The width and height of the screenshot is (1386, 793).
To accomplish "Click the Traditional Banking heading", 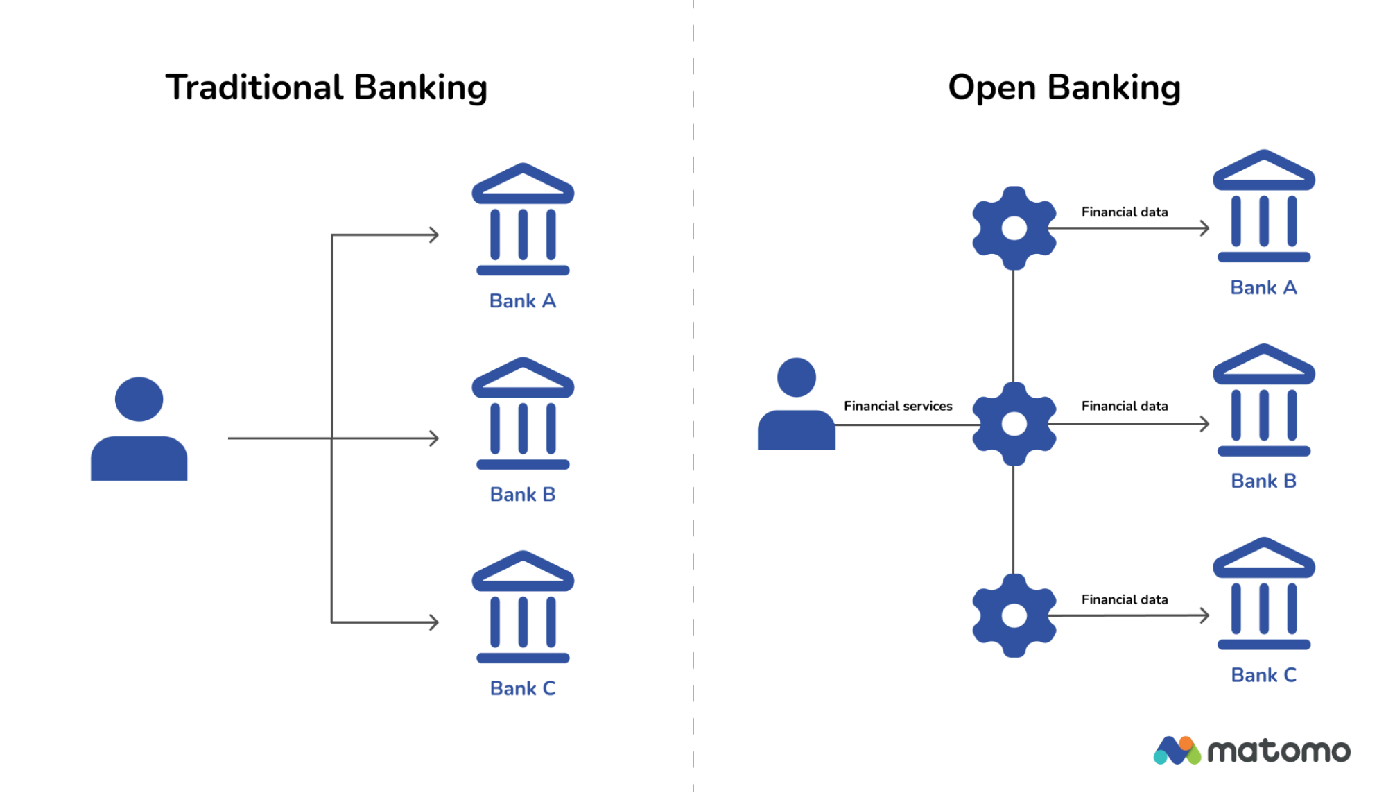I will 326,88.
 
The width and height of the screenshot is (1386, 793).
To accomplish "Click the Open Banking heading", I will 1064,88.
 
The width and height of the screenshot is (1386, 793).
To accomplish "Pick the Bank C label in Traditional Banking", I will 522,688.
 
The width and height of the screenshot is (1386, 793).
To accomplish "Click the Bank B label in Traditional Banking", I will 522,495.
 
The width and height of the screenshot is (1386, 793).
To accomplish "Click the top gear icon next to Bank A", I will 1014,228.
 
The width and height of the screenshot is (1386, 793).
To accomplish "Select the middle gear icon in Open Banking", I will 1014,424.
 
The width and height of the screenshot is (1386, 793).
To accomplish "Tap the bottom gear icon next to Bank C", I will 1014,615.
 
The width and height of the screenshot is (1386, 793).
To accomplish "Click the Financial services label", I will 898,407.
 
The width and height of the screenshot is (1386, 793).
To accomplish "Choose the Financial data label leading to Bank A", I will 1124,212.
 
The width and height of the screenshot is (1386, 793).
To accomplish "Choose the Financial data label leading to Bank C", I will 1124,599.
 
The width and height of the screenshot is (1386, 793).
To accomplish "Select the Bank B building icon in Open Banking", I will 1263,400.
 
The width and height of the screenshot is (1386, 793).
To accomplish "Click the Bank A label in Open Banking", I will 1263,288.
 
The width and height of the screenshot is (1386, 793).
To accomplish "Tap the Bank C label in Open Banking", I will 1263,675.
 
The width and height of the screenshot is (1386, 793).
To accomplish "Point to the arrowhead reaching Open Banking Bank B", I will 1205,424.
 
